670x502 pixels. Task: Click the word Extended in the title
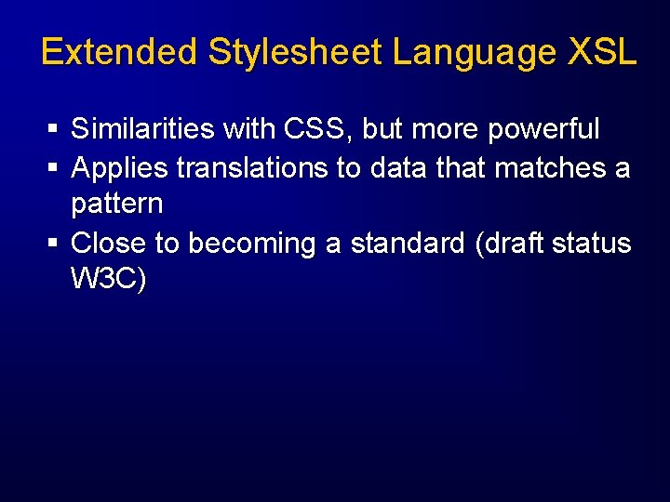120,52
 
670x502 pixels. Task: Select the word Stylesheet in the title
295,52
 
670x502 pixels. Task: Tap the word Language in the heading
475,52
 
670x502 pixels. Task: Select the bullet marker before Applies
54,169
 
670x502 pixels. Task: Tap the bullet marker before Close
54,244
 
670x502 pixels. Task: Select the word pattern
116,204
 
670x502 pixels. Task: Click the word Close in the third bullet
109,243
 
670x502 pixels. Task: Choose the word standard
408,243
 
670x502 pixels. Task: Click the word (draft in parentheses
513,243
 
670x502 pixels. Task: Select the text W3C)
108,279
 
